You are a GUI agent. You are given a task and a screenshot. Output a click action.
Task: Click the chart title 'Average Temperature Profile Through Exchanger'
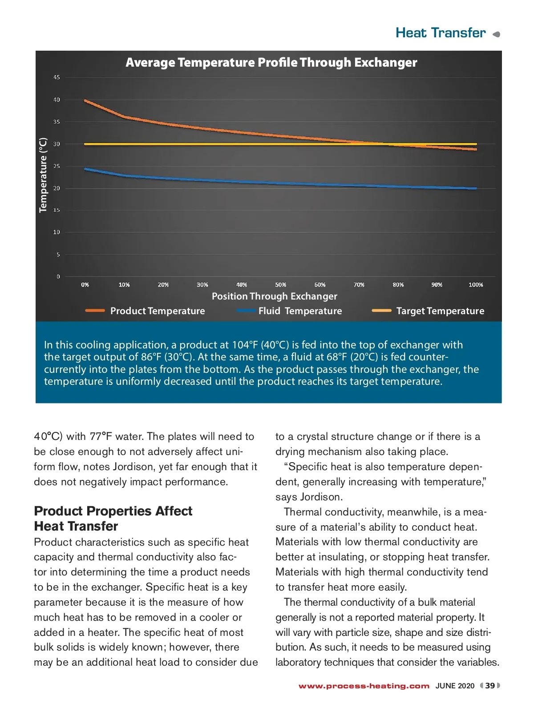271,63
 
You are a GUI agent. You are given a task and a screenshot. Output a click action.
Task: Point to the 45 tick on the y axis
57,77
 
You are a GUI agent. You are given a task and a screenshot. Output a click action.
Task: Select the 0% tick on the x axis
85,285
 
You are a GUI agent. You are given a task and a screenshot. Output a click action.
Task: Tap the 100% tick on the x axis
476,285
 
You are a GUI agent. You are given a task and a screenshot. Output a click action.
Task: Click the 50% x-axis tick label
280,285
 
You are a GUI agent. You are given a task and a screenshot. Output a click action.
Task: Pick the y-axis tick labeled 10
57,232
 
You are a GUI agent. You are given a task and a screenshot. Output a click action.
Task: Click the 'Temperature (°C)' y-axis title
43,175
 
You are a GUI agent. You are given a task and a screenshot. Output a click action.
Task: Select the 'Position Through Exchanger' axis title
274,296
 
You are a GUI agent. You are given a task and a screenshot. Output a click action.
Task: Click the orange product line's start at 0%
85,101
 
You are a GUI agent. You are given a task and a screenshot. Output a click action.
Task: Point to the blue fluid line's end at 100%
476,188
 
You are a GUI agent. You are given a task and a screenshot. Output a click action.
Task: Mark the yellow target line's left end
85,144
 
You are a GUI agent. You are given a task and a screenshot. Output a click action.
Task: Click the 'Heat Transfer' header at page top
441,33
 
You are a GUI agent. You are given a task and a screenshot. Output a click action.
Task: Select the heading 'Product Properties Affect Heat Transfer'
113,519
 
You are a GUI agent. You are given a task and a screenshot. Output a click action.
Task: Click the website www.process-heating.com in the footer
364,686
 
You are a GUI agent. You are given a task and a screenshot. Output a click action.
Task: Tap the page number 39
490,686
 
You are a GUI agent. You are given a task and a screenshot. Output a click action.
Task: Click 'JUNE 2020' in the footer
455,686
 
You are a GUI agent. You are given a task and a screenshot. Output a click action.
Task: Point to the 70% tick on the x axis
359,285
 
